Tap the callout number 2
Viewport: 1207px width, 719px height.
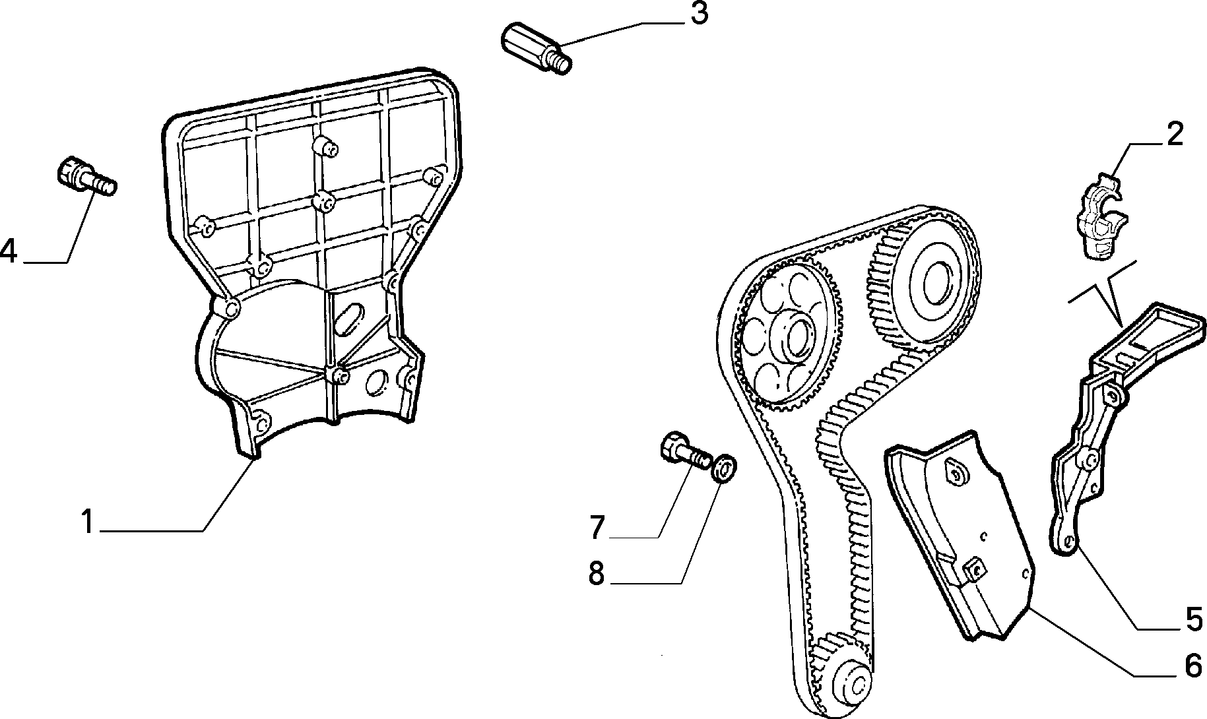click(x=1175, y=134)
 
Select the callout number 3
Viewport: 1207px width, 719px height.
click(x=699, y=14)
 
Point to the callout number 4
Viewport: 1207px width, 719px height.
click(x=9, y=251)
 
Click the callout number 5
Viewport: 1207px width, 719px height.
click(x=1194, y=620)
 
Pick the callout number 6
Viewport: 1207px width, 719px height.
click(x=1194, y=666)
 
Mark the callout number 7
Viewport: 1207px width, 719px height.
click(x=597, y=527)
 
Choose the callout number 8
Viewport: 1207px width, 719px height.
click(x=597, y=573)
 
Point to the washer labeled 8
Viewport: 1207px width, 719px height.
click(x=725, y=466)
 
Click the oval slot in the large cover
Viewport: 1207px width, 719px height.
click(x=350, y=321)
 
